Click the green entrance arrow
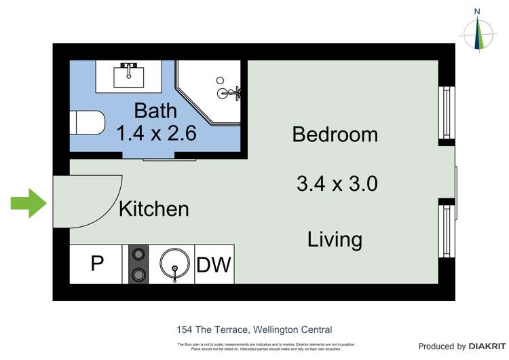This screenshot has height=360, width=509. pyautogui.click(x=28, y=204)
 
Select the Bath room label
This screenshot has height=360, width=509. pyautogui.click(x=155, y=110)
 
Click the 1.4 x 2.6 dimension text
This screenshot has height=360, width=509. pyautogui.click(x=156, y=133)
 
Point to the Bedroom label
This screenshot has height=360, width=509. pyautogui.click(x=335, y=134)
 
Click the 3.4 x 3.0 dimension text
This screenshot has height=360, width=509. pyautogui.click(x=337, y=183)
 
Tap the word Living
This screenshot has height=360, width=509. pyautogui.click(x=335, y=239)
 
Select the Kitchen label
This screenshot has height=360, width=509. pyautogui.click(x=153, y=209)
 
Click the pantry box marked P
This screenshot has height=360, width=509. pyautogui.click(x=96, y=264)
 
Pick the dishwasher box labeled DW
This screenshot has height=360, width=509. pyautogui.click(x=214, y=265)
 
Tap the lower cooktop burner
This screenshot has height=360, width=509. pyautogui.click(x=138, y=274)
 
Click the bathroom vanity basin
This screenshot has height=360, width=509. pyautogui.click(x=128, y=75)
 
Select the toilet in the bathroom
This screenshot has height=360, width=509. pyautogui.click(x=88, y=124)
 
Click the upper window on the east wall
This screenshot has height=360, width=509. pyautogui.click(x=446, y=112)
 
